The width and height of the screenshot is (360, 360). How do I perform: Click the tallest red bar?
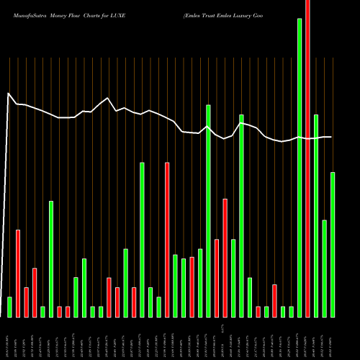click(308, 158)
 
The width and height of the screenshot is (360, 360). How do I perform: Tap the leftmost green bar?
click(10, 307)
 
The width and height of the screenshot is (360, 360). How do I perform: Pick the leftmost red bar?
click(18, 274)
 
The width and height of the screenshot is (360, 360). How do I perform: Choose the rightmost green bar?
click(333, 245)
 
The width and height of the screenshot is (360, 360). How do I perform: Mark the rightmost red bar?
click(308, 158)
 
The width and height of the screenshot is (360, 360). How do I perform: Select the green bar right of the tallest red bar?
click(316, 216)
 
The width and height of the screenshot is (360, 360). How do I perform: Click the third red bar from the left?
click(35, 292)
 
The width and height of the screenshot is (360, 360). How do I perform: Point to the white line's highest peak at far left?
click(9, 94)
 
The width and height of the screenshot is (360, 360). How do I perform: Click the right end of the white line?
click(331, 137)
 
